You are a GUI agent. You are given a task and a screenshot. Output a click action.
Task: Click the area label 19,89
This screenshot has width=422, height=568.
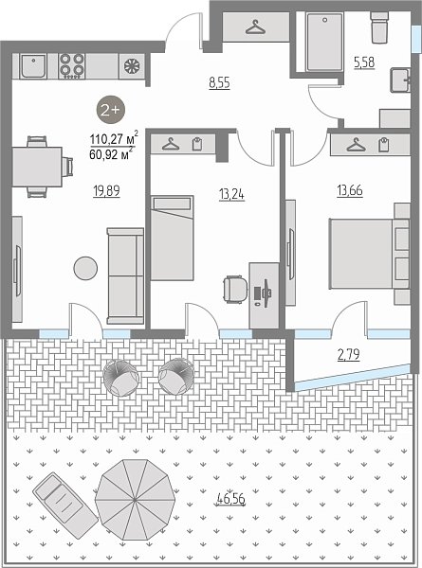click(106, 191)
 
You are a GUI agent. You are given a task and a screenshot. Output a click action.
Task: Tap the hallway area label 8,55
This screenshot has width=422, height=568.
click(219, 83)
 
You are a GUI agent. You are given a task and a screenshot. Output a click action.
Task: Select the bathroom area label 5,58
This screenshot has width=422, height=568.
click(364, 62)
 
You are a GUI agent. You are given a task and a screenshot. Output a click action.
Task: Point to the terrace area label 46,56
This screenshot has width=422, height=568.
click(230, 499)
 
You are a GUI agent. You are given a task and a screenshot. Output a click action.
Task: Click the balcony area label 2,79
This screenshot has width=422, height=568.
click(348, 354)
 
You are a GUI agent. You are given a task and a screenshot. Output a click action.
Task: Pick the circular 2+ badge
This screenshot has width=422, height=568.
click(110, 110)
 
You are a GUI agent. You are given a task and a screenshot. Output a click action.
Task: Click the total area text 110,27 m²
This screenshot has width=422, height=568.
click(114, 138)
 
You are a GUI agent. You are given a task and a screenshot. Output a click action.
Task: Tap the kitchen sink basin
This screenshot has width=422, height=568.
click(33, 66)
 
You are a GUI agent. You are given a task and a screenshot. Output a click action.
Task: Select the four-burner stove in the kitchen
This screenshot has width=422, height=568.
click(71, 66)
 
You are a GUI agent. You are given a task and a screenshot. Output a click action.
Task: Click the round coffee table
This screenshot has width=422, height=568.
click(85, 268)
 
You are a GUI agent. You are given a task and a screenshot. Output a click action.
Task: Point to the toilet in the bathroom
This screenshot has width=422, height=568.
click(379, 27)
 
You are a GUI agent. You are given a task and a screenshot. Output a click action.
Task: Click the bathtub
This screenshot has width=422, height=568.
click(324, 42)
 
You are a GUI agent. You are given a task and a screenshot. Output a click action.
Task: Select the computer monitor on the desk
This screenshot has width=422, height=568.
click(266, 293)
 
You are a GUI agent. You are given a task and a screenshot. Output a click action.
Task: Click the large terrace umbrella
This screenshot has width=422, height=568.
click(135, 500)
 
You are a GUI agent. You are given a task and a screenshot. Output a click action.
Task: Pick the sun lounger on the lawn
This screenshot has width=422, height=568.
click(65, 501)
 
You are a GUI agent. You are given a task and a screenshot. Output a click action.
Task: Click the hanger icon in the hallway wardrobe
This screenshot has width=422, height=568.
click(255, 27)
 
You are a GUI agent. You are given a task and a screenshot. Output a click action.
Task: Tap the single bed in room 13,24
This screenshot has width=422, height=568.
click(172, 238)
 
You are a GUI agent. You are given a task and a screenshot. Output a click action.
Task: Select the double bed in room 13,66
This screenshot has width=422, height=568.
click(370, 254)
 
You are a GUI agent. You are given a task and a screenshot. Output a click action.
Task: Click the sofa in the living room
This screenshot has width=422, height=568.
click(125, 275)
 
